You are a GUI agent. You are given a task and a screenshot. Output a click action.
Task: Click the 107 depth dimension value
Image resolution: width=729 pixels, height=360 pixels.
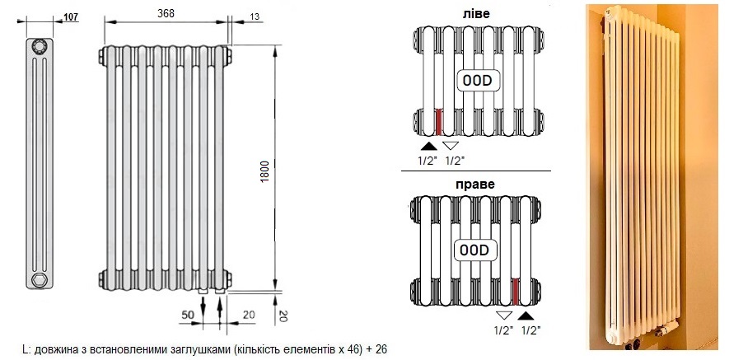pos(71,17)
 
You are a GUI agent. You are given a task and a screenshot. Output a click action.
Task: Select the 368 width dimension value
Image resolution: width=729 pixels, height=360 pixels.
pos(166,13)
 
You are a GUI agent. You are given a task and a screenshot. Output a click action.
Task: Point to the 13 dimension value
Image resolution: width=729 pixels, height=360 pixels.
pos(255,16)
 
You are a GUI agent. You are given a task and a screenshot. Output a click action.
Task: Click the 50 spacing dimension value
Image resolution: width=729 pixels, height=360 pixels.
pos(187,315)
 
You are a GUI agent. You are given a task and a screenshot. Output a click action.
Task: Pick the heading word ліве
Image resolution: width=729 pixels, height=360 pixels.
pos(475,13)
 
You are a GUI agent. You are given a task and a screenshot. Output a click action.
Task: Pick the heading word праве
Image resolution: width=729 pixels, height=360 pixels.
pos(475,185)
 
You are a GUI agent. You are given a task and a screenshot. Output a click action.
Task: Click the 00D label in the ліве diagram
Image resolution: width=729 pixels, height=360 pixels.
pos(477,82)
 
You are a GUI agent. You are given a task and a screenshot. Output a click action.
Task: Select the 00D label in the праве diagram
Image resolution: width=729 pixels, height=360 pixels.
pos(474,250)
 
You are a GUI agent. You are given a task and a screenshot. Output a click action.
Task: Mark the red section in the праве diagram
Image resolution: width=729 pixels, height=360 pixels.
pos(515,292)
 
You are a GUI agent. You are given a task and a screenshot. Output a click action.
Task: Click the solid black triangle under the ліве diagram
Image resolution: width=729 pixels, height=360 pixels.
pos(428,146)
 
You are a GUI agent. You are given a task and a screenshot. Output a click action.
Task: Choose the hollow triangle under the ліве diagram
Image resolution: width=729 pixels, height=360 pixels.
pos(450,146)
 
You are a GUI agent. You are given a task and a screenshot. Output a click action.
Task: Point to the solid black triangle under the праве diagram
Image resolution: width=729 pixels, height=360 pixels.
pos(526,316)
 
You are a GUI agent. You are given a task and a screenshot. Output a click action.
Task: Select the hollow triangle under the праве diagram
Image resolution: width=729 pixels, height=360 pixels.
pos(504,316)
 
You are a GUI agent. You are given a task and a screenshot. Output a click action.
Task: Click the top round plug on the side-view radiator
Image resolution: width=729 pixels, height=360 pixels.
pos(40,47)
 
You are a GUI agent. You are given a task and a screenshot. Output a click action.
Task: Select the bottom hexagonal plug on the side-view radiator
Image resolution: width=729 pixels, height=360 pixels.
pos(39,279)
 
